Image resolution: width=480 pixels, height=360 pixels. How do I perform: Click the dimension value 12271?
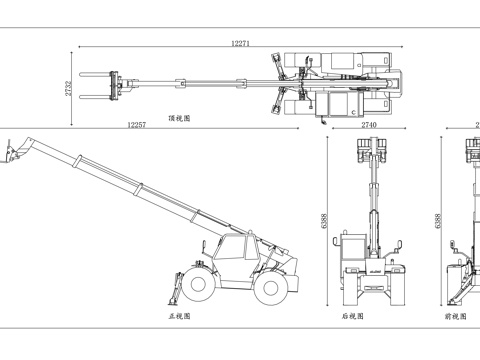point(240,43)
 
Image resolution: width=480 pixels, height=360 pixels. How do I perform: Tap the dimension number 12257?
point(137,125)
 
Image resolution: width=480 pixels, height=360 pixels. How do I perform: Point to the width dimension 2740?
point(369,125)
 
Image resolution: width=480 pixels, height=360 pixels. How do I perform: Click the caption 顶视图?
point(180,117)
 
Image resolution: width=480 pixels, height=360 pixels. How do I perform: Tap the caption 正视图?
point(180,316)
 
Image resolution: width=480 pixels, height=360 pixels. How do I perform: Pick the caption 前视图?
point(456,316)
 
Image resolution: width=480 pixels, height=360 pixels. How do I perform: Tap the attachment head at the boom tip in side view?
point(13,153)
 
